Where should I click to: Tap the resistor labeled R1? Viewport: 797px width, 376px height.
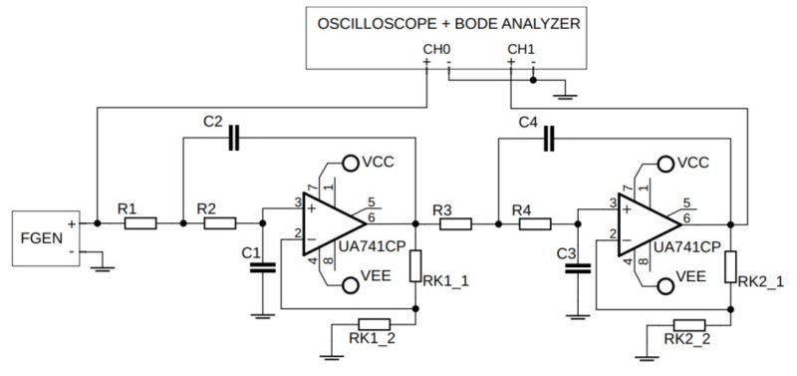click(140, 224)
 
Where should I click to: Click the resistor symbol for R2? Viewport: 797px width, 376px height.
click(219, 224)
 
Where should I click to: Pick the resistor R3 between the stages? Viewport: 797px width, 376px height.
click(455, 224)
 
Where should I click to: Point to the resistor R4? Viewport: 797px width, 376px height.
click(534, 224)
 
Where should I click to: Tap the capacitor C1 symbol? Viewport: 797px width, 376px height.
click(262, 266)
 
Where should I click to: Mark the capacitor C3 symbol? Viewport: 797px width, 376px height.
click(577, 266)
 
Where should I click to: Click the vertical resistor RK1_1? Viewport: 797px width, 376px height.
click(415, 265)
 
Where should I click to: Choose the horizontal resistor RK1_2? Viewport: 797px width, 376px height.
click(375, 323)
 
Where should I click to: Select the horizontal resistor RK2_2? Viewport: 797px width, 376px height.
click(689, 323)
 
